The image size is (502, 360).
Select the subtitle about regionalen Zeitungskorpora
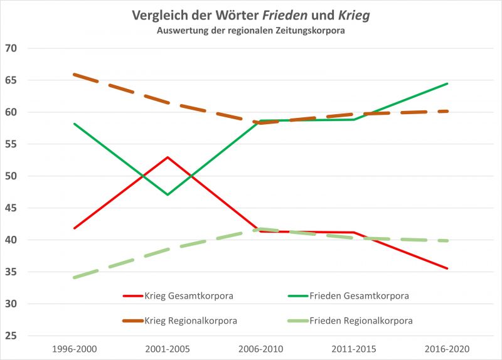251,31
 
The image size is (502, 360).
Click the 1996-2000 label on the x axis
74,348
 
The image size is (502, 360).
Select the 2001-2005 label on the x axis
168,348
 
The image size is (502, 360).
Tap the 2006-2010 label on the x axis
260,348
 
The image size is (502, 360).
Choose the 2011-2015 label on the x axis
354,348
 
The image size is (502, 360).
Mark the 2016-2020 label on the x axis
447,348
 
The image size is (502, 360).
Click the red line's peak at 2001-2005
168,157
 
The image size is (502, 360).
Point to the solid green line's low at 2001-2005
168,194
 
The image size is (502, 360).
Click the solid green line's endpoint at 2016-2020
447,83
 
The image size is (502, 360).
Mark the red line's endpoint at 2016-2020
447,268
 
